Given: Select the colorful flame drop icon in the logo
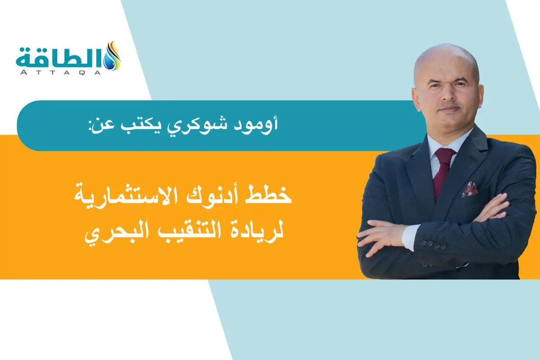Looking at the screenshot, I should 112,56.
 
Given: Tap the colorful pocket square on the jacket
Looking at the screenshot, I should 469,189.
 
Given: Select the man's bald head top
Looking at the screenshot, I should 445,56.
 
